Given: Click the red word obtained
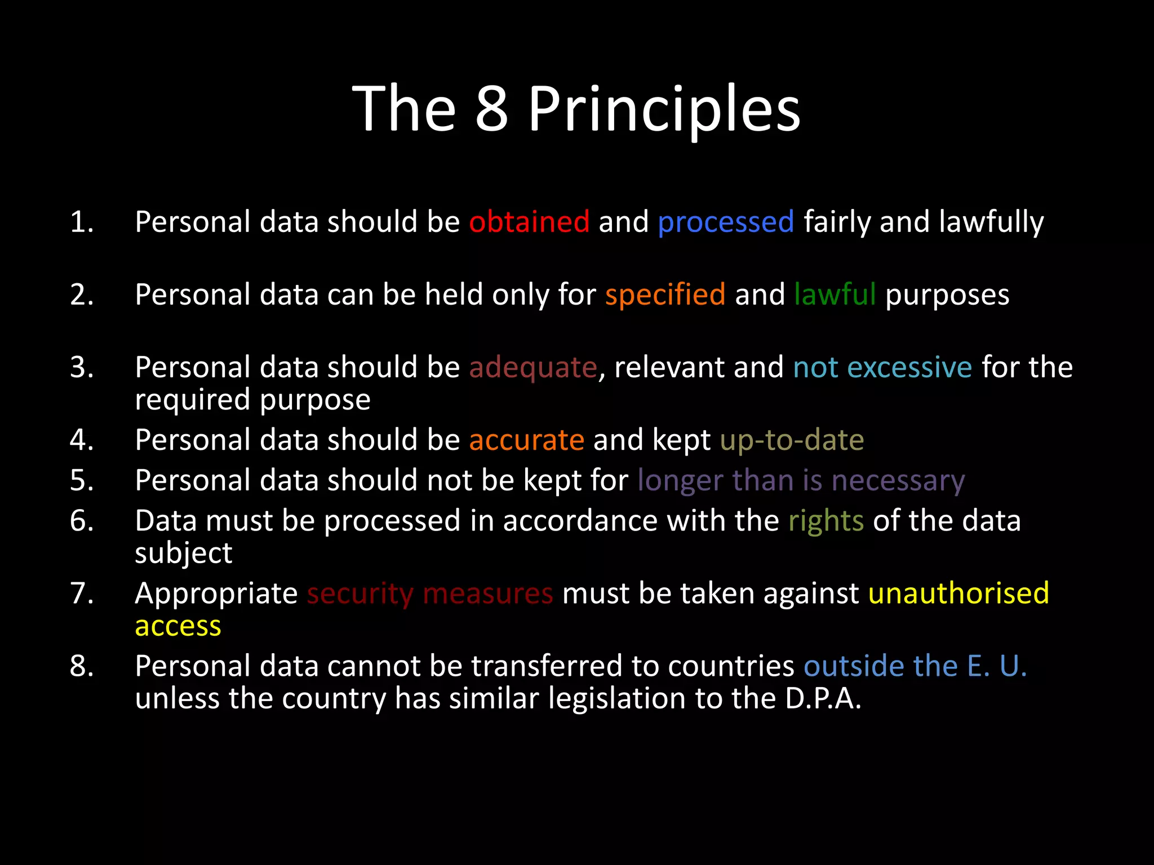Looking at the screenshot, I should pyautogui.click(x=529, y=222).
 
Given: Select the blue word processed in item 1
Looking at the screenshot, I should pyautogui.click(x=726, y=222).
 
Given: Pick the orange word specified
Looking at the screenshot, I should pyautogui.click(x=665, y=295).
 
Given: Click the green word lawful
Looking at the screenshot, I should pyautogui.click(x=835, y=295).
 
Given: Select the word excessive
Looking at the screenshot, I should pyautogui.click(x=909, y=368).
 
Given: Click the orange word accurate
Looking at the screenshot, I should pyautogui.click(x=526, y=440).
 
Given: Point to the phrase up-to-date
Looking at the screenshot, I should pyautogui.click(x=792, y=440).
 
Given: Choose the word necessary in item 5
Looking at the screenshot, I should pyautogui.click(x=898, y=481).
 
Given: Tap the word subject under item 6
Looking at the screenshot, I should pyautogui.click(x=183, y=554).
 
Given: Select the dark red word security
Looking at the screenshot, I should pyautogui.click(x=360, y=594).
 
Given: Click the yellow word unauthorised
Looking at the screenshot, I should pyautogui.click(x=958, y=594).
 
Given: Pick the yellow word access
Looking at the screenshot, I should pyautogui.click(x=178, y=626).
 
